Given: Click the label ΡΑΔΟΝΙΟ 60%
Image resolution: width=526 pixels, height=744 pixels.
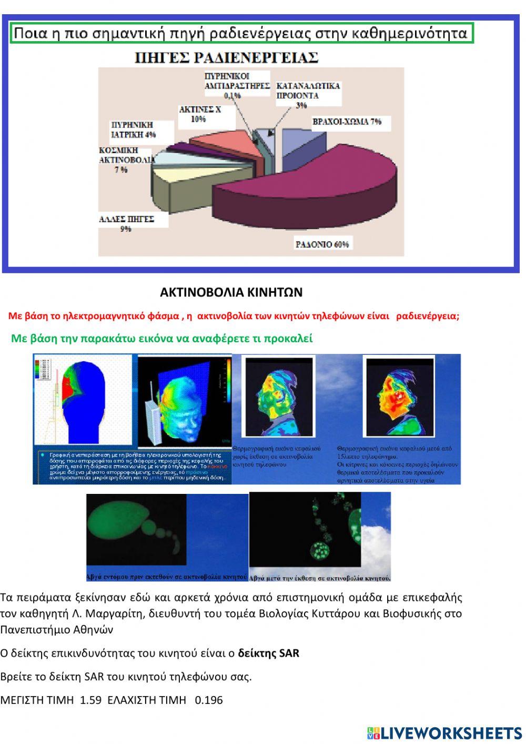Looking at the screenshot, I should tap(322, 244).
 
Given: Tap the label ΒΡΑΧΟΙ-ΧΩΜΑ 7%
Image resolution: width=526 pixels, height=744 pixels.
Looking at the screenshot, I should tap(347, 122).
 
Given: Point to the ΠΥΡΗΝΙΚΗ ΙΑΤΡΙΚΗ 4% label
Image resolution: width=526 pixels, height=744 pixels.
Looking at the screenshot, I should tap(133, 130).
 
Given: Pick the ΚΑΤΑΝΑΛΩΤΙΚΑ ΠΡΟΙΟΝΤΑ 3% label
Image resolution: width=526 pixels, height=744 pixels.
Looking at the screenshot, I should tap(308, 95).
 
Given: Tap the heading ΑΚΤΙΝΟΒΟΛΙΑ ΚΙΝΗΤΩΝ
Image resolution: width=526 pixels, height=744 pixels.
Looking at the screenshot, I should tap(231, 292).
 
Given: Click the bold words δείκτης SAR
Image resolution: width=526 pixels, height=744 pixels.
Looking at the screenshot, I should tap(268, 653).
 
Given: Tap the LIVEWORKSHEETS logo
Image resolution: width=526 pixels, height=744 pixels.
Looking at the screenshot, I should tap(444, 732).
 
